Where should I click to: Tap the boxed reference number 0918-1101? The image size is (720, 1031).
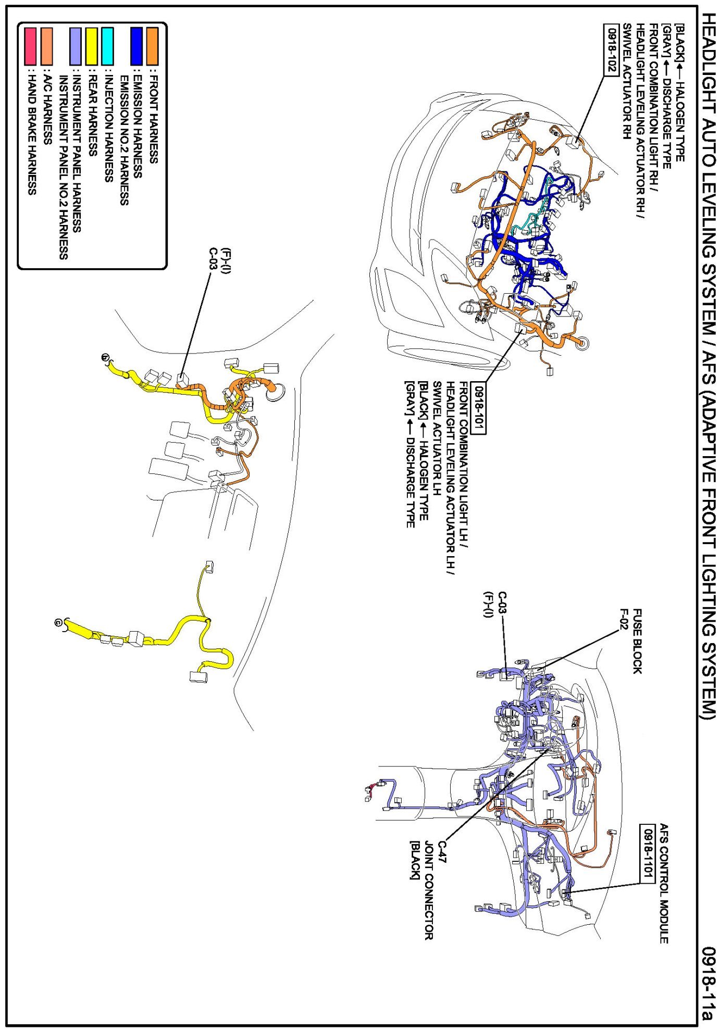(648, 852)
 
